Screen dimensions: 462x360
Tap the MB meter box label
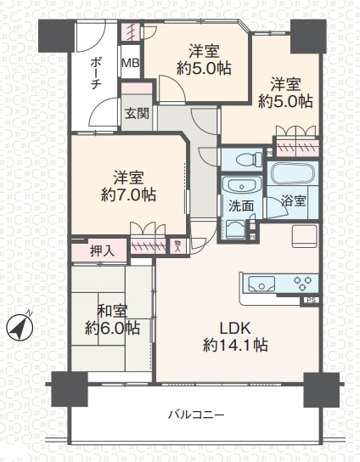click(x=130, y=64)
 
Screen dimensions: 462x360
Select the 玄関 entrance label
click(x=135, y=112)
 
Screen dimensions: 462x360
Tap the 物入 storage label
click(x=177, y=245)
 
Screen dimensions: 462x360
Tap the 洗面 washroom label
click(x=241, y=206)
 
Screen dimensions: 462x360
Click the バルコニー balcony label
click(x=195, y=414)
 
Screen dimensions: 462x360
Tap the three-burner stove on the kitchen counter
click(x=303, y=283)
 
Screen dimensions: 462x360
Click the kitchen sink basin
click(x=257, y=284)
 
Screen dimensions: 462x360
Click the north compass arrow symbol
click(x=19, y=325)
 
